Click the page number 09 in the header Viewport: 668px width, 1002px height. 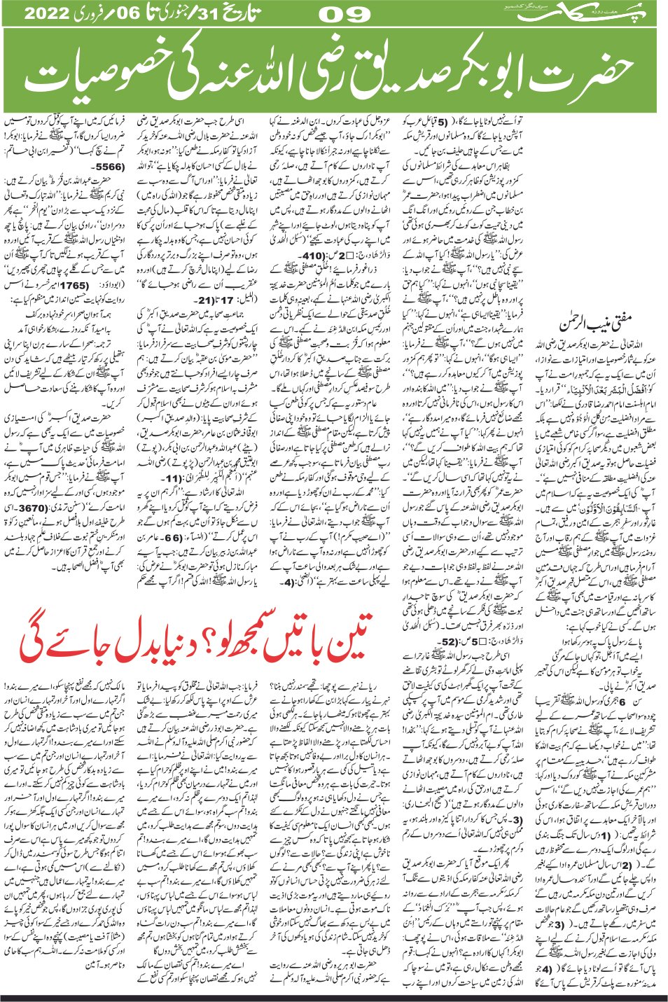click(345, 14)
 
